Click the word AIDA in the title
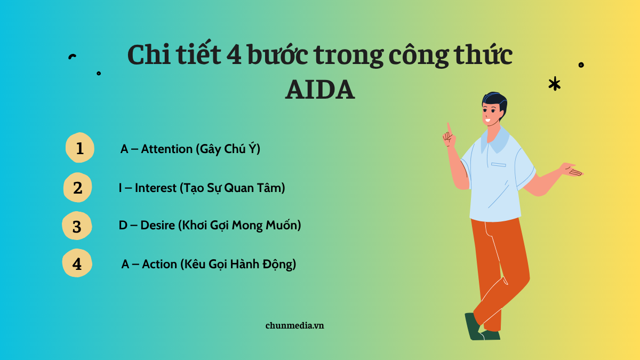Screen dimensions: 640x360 click(x=320, y=90)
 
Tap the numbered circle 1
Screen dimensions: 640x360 click(x=79, y=148)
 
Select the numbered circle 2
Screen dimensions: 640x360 click(x=77, y=187)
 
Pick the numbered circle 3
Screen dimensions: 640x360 click(x=77, y=226)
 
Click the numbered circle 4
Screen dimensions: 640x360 click(x=77, y=263)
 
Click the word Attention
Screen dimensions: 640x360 click(x=166, y=149)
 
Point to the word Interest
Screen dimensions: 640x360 click(x=155, y=188)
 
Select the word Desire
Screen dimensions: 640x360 click(x=157, y=225)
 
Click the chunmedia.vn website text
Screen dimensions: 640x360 click(x=294, y=325)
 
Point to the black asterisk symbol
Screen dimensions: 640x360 click(x=555, y=84)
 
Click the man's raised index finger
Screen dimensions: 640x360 click(x=449, y=129)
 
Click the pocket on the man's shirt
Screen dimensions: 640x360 click(x=499, y=165)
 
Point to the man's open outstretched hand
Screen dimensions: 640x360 click(x=572, y=170)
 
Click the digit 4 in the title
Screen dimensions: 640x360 click(x=234, y=54)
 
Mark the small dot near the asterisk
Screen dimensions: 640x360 click(x=581, y=65)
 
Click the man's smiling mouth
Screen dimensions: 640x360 click(x=487, y=121)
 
